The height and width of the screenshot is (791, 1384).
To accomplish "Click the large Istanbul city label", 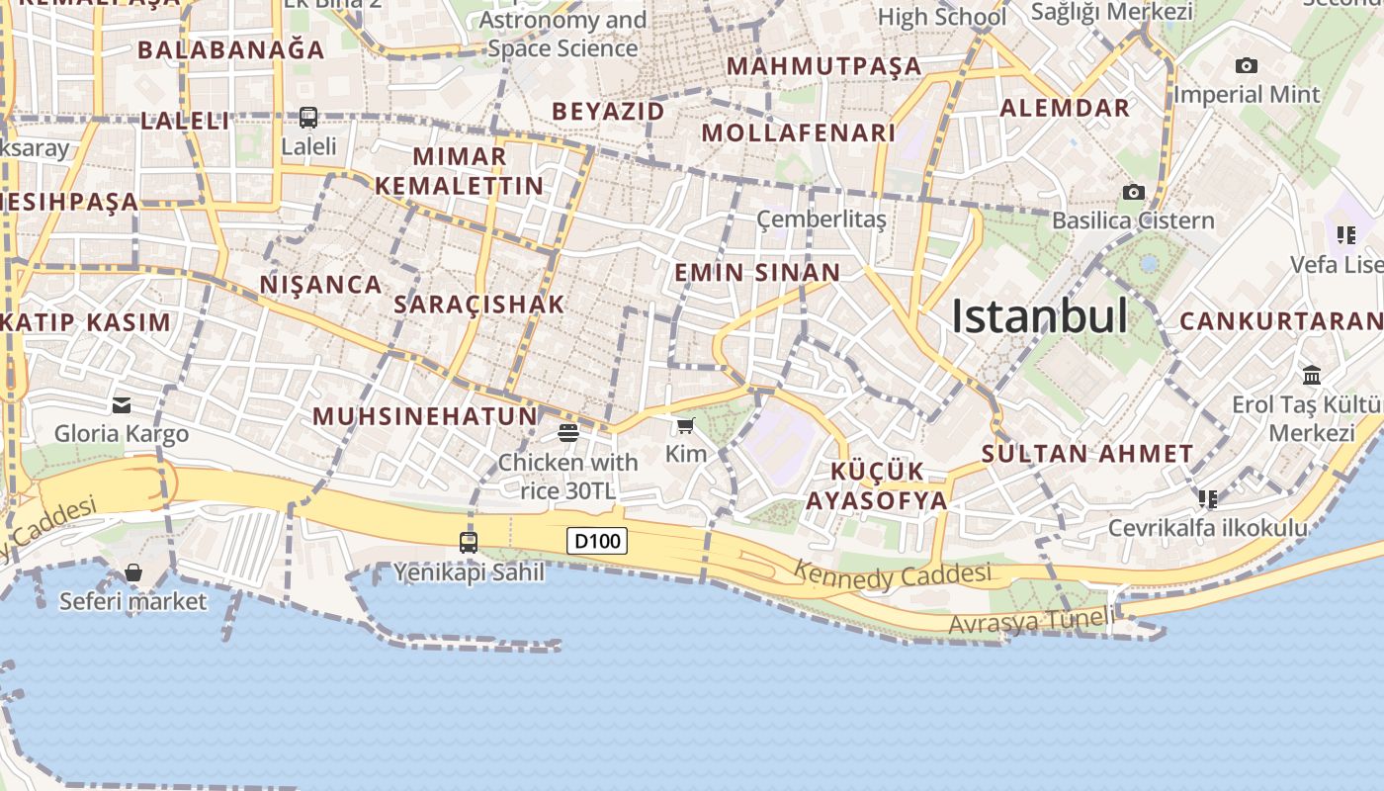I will pyautogui.click(x=1039, y=316).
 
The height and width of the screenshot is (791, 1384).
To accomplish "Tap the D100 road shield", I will pyautogui.click(x=596, y=541).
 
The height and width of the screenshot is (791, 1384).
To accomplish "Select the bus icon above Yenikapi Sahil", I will pyautogui.click(x=469, y=542).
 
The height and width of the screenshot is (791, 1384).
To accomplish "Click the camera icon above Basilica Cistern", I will pyautogui.click(x=1133, y=192).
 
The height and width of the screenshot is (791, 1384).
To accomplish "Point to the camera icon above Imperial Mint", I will pyautogui.click(x=1247, y=66).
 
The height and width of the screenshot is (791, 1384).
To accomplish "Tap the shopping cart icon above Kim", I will pyautogui.click(x=685, y=425).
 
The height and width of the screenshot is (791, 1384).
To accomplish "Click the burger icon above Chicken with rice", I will pyautogui.click(x=567, y=432).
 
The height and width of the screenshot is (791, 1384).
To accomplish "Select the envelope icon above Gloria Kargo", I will pyautogui.click(x=122, y=404).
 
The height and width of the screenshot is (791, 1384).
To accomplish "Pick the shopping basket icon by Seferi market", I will pyautogui.click(x=132, y=572).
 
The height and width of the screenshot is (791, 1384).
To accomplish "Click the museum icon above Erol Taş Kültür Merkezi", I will pyautogui.click(x=1312, y=375).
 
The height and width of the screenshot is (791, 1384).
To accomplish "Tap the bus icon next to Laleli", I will pyautogui.click(x=308, y=118).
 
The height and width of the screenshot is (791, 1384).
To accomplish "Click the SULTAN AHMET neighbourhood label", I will pyautogui.click(x=1087, y=455).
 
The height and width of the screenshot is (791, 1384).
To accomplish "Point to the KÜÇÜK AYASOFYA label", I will pyautogui.click(x=877, y=485).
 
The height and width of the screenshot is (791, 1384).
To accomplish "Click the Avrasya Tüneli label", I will pyautogui.click(x=1031, y=621).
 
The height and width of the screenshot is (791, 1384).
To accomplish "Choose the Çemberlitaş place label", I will pyautogui.click(x=822, y=220).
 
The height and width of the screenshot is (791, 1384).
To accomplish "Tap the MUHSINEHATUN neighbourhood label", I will pyautogui.click(x=425, y=416).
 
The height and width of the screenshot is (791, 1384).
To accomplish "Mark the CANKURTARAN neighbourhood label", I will pyautogui.click(x=1281, y=321).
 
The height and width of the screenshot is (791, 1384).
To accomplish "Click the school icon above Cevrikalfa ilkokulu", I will pyautogui.click(x=1207, y=498).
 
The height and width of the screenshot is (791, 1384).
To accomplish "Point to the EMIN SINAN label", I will pyautogui.click(x=757, y=273).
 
